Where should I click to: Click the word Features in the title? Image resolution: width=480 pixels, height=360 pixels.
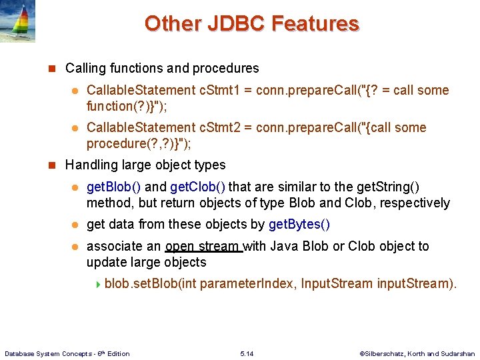(313, 23)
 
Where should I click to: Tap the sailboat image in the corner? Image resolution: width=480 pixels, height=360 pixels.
(17, 21)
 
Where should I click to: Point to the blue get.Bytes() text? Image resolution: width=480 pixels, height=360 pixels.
(299, 225)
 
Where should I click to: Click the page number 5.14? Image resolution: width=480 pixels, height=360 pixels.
(247, 353)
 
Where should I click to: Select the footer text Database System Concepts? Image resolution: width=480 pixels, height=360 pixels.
(50, 353)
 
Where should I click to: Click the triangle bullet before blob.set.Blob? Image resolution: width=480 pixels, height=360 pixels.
(99, 285)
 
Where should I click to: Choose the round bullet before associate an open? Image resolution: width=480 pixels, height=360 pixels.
(75, 247)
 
